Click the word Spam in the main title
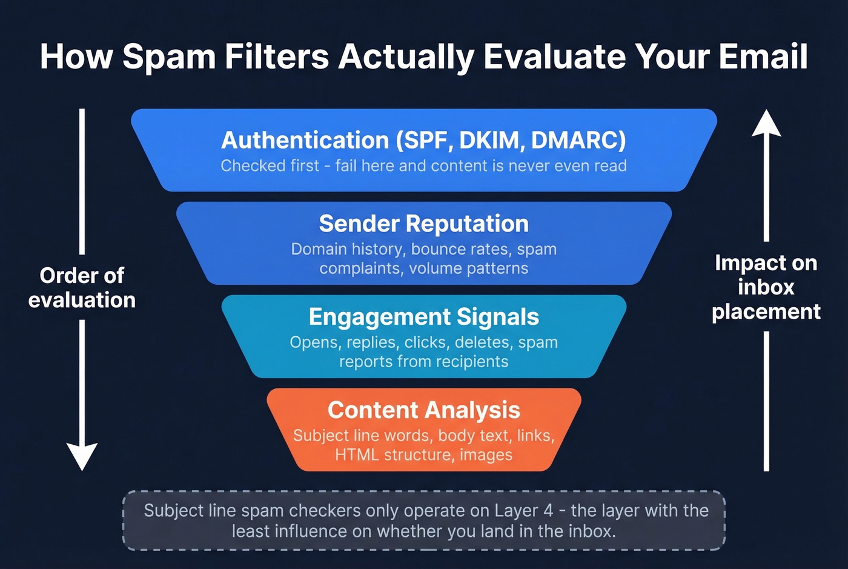pos(168,57)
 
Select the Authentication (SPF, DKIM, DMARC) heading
pos(423,140)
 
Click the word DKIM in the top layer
pos(489,140)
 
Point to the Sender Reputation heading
pos(423,224)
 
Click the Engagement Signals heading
pos(423,317)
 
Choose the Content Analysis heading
pos(423,410)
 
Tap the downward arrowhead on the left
pos(82,456)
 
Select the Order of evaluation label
pos(82,288)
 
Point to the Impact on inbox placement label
pos(766,287)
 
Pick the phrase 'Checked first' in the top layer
pos(270,166)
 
